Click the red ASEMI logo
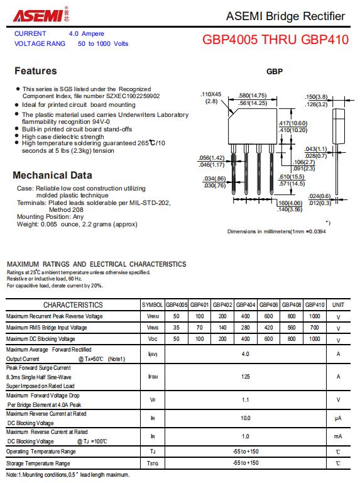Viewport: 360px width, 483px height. click(x=41, y=14)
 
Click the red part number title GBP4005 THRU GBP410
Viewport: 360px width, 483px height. click(x=275, y=40)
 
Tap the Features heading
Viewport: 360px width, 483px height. click(x=36, y=71)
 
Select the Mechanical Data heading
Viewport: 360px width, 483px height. click(x=52, y=175)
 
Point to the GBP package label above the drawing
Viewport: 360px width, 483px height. click(x=275, y=72)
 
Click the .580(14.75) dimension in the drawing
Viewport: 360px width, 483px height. click(x=253, y=96)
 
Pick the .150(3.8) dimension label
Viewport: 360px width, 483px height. click(x=316, y=97)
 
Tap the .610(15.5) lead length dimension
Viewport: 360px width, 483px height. click(x=292, y=177)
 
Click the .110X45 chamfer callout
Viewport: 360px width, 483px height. click(x=210, y=94)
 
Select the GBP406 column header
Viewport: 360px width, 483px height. click(x=269, y=305)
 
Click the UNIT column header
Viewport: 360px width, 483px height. click(x=338, y=305)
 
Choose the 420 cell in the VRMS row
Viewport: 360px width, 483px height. click(x=269, y=328)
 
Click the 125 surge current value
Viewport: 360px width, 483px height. click(x=246, y=377)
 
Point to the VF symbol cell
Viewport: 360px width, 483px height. click(x=153, y=400)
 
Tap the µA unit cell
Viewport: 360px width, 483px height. click(x=338, y=418)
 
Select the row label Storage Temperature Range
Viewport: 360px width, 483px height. click(x=38, y=464)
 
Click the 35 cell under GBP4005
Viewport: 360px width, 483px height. click(x=177, y=328)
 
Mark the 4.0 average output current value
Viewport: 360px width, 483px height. click(x=246, y=354)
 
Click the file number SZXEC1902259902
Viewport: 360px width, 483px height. click(x=133, y=96)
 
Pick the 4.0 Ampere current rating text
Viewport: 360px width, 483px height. click(x=87, y=33)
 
